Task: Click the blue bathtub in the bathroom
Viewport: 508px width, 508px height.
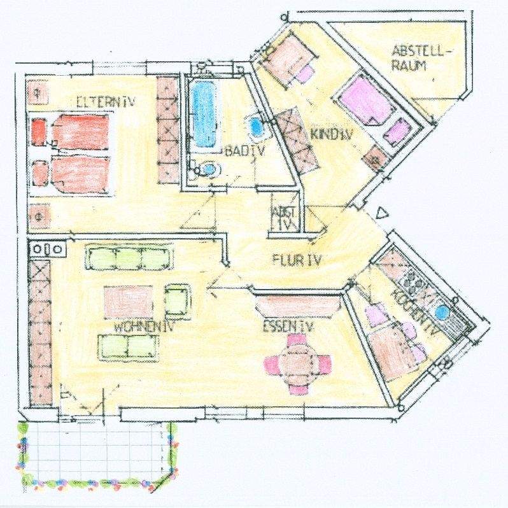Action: (x=203, y=113)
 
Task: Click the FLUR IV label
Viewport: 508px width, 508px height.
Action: (x=297, y=260)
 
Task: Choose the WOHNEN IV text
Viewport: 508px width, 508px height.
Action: (x=145, y=327)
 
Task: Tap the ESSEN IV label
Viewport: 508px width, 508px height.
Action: (x=289, y=327)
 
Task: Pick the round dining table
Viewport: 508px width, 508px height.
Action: (x=298, y=363)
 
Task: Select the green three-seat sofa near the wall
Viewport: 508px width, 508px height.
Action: (x=129, y=258)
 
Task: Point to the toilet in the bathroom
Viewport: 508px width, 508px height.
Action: (x=208, y=169)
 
